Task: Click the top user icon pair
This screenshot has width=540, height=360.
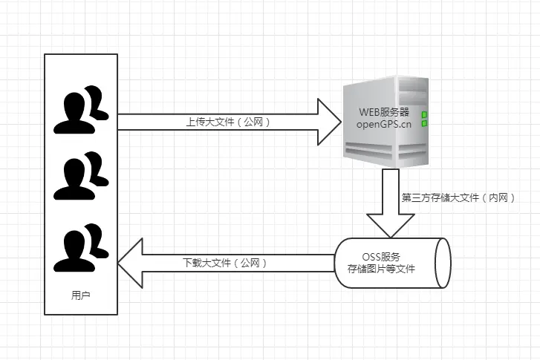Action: [x=80, y=110]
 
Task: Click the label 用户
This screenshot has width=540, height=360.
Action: [x=80, y=295]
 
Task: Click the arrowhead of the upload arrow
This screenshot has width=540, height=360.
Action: [x=327, y=122]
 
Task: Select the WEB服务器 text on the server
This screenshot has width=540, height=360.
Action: [x=384, y=111]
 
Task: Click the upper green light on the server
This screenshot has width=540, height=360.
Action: [x=425, y=115]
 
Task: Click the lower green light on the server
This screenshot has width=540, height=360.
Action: [x=425, y=124]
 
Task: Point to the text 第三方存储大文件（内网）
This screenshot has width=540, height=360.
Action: [x=454, y=198]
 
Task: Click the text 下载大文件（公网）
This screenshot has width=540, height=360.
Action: [x=224, y=263]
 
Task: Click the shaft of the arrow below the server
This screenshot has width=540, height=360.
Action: [x=391, y=189]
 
